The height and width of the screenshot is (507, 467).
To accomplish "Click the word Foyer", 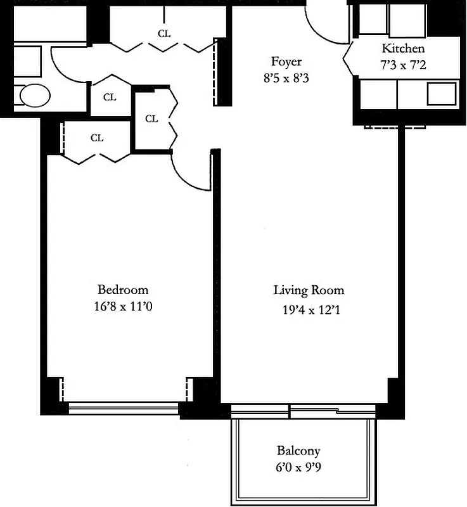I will pyautogui.click(x=286, y=61).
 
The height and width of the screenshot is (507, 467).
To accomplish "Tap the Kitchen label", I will pyautogui.click(x=403, y=48).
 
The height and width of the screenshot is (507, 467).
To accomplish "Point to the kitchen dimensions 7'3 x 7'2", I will pyautogui.click(x=403, y=64).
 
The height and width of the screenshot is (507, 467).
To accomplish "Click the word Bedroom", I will pyautogui.click(x=123, y=290).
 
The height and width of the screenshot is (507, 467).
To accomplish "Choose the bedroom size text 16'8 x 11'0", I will pyautogui.click(x=123, y=307).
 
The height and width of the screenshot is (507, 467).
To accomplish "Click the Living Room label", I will pyautogui.click(x=309, y=290).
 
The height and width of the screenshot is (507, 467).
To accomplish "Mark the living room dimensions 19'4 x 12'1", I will pyautogui.click(x=309, y=310).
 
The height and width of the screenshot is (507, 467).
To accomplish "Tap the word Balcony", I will pyautogui.click(x=298, y=451).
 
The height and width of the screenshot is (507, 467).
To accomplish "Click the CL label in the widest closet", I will pyautogui.click(x=164, y=34).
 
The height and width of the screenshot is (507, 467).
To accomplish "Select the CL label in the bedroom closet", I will pyautogui.click(x=96, y=138).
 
